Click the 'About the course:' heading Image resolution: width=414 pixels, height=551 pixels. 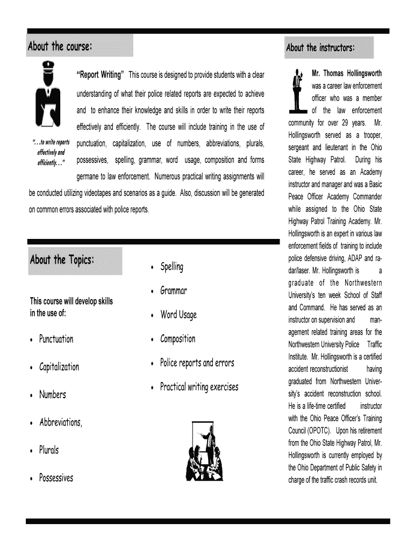(60, 46)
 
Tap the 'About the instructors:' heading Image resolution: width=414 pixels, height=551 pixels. (320, 48)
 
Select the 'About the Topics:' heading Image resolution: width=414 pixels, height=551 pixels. (63, 260)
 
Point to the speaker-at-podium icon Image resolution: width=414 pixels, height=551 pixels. (297, 92)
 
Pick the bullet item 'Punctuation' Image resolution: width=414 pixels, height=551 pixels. (56, 339)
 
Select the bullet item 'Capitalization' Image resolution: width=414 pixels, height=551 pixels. (59, 367)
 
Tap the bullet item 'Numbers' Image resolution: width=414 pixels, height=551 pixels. (52, 395)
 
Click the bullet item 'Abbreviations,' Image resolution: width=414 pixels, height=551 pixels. (61, 422)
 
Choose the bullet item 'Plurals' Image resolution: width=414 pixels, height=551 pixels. (49, 450)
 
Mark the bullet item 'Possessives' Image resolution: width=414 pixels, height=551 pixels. (56, 478)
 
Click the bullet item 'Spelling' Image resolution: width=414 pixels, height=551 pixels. (172, 266)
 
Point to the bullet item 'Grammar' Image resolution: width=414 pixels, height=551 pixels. (173, 291)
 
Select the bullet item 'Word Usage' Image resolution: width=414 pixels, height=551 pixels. (179, 315)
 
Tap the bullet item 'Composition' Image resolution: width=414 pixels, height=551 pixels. (177, 339)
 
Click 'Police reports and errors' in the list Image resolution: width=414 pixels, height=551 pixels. (197, 363)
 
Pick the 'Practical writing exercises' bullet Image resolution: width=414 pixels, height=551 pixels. (199, 387)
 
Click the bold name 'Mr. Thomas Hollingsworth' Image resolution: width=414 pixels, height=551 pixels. (347, 72)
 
